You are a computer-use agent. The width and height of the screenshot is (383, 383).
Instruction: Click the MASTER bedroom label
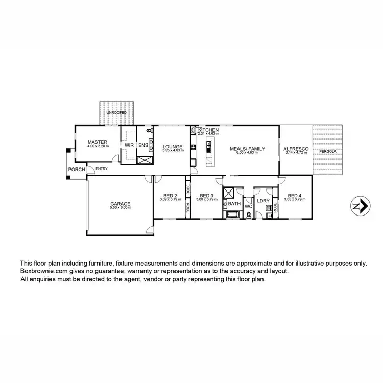(96, 142)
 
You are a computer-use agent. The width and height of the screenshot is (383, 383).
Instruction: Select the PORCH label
(77, 170)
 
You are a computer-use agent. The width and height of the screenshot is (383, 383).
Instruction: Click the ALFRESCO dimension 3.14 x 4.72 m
(296, 152)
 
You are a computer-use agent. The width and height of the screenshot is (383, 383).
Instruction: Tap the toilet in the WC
(248, 214)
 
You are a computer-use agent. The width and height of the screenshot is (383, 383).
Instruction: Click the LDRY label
(263, 202)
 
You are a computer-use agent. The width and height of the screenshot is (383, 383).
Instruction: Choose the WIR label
(129, 145)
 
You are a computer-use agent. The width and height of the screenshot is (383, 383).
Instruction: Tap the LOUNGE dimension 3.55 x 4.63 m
(173, 150)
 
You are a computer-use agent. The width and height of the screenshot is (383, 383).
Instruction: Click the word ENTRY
(102, 169)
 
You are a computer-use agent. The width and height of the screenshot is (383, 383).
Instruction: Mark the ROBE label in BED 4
(275, 207)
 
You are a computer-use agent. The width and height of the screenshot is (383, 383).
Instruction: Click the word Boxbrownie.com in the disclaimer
(42, 271)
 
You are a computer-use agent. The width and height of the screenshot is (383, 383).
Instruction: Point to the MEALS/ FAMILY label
(248, 149)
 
